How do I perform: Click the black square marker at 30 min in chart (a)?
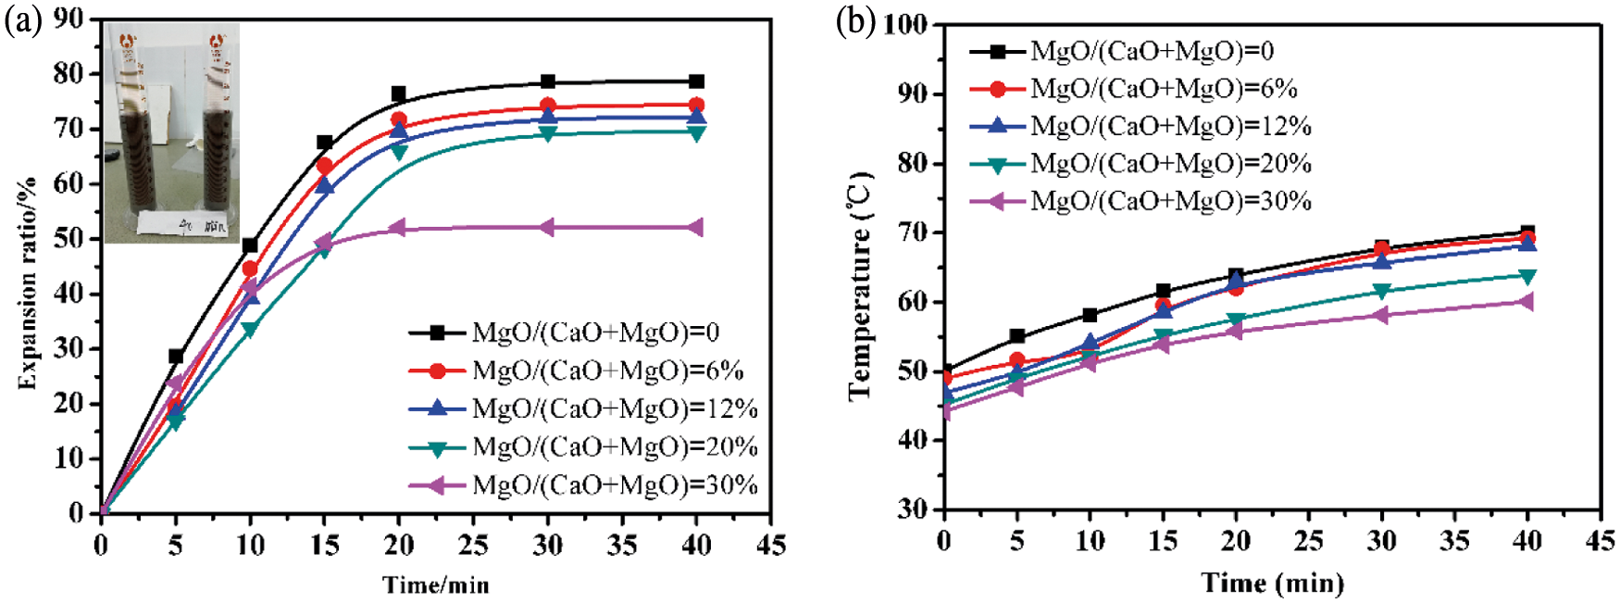(548, 82)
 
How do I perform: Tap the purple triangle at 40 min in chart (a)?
(696, 228)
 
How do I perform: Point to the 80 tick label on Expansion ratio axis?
(69, 73)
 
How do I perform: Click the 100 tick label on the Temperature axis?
(905, 24)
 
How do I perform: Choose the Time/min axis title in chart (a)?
(436, 585)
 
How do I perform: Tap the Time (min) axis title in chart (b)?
(1273, 584)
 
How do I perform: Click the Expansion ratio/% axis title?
(28, 283)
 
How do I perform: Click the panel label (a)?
(21, 20)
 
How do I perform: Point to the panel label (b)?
(855, 20)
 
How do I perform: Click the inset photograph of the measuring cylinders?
(171, 132)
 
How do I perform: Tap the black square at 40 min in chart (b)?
(1527, 232)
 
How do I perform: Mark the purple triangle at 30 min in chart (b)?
(1382, 315)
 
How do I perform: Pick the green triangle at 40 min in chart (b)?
(1527, 276)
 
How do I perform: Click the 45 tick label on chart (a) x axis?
(770, 546)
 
